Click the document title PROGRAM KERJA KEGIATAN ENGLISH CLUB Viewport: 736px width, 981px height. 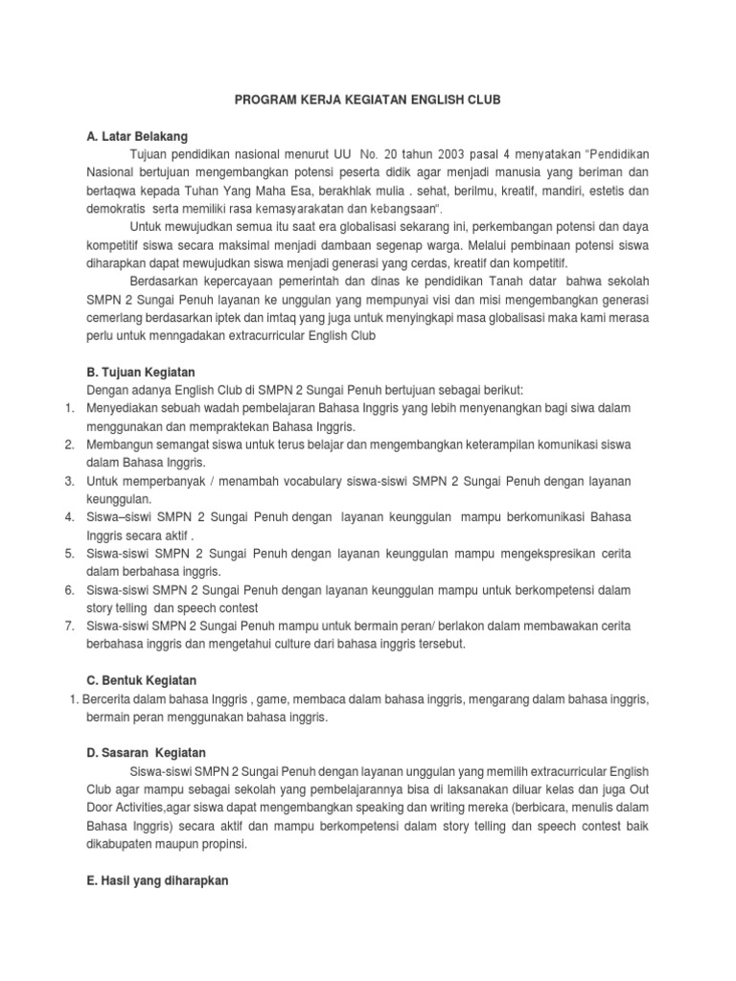(x=367, y=99)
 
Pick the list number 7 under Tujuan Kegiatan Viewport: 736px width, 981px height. (x=69, y=626)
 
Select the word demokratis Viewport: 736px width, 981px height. (x=118, y=209)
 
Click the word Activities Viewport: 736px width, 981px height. (x=145, y=809)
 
